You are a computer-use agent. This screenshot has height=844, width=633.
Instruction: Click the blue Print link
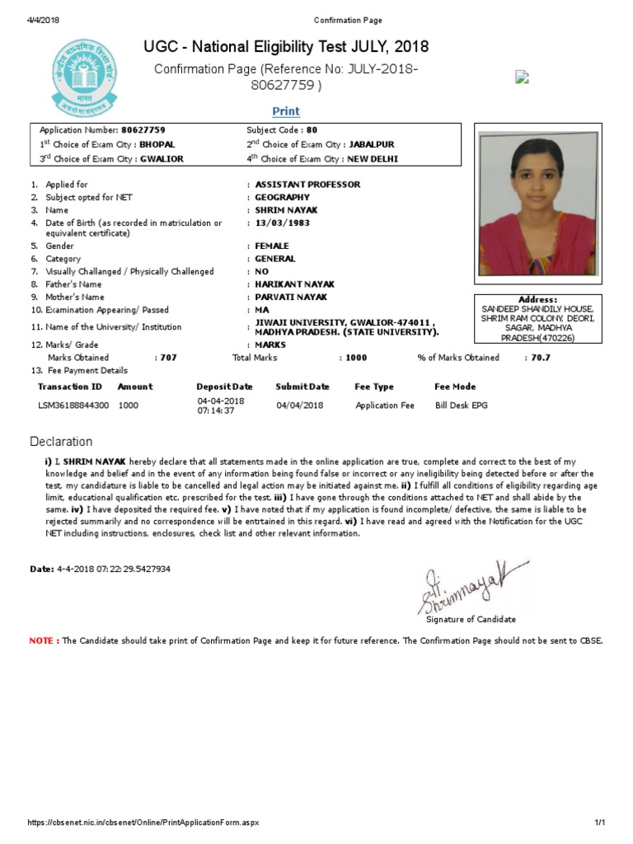click(x=286, y=111)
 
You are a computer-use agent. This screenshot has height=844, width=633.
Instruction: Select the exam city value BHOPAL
click(x=157, y=144)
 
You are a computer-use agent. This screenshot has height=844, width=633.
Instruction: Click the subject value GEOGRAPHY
click(x=283, y=198)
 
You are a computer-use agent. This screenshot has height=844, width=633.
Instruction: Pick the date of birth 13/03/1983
click(x=283, y=223)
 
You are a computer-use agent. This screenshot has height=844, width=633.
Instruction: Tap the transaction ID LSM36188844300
click(x=73, y=406)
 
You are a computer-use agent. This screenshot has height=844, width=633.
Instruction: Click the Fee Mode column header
click(x=455, y=387)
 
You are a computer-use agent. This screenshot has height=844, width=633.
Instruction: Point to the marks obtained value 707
click(x=168, y=358)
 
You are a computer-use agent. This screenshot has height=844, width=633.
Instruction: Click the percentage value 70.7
click(x=541, y=358)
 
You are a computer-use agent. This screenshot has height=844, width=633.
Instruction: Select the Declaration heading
click(x=61, y=442)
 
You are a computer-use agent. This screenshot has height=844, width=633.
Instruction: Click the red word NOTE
click(x=42, y=640)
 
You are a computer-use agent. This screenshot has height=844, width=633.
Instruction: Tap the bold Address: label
click(x=537, y=300)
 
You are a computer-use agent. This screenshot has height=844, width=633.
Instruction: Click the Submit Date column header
click(x=302, y=387)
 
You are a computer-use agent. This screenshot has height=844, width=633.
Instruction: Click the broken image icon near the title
click(x=522, y=77)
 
